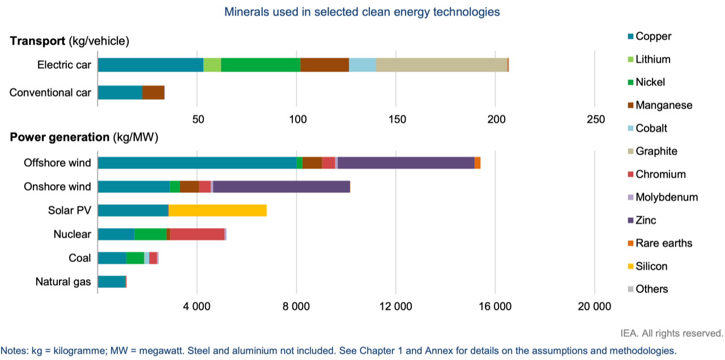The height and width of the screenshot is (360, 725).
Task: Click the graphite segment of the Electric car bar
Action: pos(441,65)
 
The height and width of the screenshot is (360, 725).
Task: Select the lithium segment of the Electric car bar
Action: pos(212,65)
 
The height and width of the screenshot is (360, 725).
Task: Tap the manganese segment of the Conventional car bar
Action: pos(153,92)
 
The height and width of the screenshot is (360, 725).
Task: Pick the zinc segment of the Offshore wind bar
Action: pos(406,162)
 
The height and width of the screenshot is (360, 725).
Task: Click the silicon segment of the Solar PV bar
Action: pos(217,210)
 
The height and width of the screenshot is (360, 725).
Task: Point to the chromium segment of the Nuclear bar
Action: pos(198,234)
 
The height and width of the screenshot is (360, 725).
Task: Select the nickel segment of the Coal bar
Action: pos(135,258)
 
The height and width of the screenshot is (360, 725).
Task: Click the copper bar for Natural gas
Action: pos(112,282)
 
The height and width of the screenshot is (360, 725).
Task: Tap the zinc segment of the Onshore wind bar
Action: pos(282,187)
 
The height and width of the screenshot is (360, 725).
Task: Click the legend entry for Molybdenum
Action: pos(663,198)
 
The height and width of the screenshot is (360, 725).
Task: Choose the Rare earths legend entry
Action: pos(660,243)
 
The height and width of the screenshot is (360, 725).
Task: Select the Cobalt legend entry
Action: pos(647,128)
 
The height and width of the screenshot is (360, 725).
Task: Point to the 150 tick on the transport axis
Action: pos(397,119)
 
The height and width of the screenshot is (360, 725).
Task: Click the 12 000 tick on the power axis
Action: pos(395,306)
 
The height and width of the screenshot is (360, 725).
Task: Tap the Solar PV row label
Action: pos(70,211)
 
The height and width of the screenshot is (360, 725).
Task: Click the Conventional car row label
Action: pos(50,93)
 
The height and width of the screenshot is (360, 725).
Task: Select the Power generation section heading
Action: pos(84,138)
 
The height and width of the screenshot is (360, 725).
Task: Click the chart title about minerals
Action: pos(362,12)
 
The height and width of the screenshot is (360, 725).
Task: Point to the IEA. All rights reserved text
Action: pos(672,333)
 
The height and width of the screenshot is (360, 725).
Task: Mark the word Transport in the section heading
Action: pos(37,41)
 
